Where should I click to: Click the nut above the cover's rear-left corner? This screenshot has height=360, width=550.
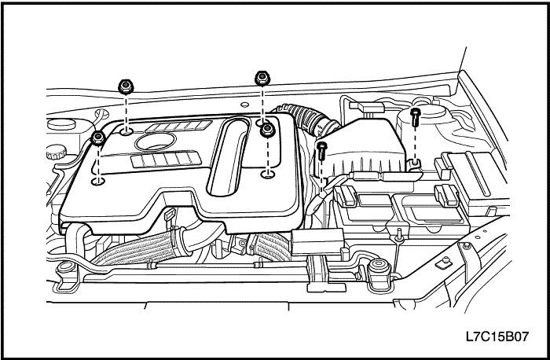click(x=124, y=86)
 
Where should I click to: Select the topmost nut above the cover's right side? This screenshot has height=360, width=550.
click(x=262, y=78)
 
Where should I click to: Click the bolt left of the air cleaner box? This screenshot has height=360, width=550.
click(x=321, y=149)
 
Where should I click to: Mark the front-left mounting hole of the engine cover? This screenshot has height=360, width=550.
click(x=97, y=182)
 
